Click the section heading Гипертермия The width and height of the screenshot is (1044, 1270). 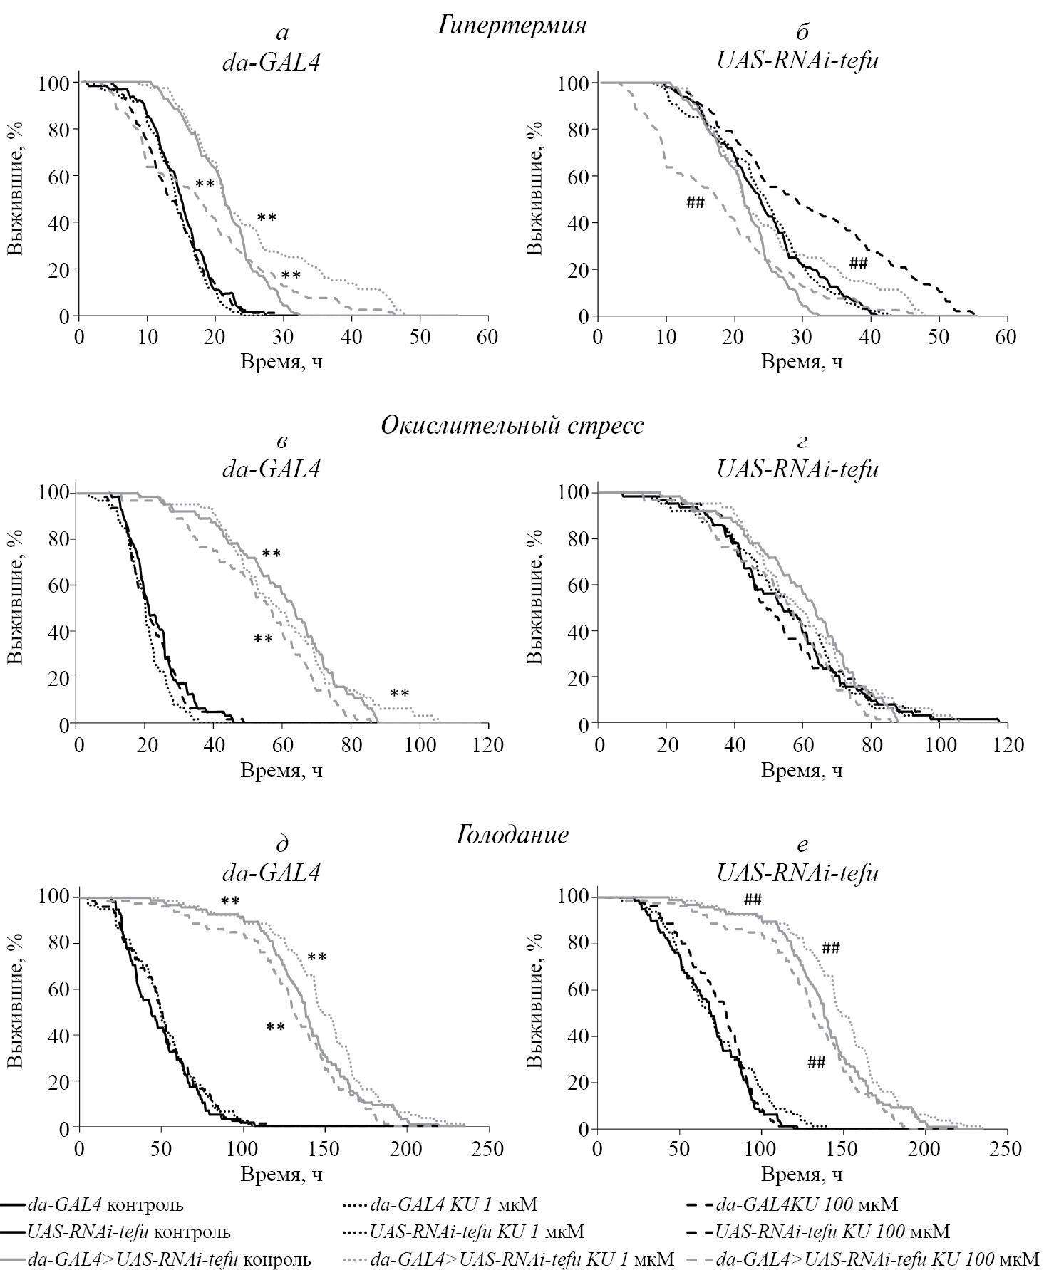(512, 26)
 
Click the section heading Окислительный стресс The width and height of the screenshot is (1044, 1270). (512, 425)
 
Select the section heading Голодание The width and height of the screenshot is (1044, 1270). (512, 834)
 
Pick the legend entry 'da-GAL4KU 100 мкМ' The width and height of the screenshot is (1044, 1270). (807, 1204)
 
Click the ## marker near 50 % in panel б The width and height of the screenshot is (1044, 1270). (695, 203)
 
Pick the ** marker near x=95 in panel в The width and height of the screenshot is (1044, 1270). (399, 693)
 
